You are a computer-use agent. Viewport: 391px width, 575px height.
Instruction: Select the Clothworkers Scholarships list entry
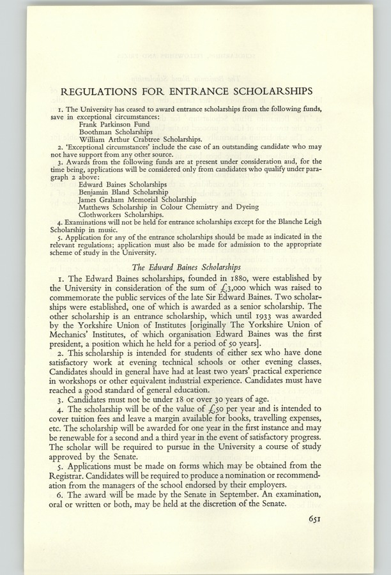click(125, 215)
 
